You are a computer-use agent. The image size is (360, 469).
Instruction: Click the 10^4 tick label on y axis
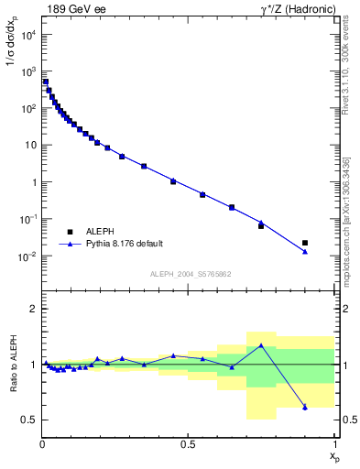(27, 34)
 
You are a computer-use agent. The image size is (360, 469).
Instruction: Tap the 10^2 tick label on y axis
(27, 108)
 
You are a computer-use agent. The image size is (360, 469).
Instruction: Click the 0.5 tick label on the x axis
(188, 443)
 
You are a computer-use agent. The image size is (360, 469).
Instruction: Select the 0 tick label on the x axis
(43, 443)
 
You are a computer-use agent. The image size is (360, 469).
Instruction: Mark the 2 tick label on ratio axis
(31, 309)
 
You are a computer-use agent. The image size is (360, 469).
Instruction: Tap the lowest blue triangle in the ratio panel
(305, 407)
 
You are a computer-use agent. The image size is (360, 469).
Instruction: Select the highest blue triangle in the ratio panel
(261, 345)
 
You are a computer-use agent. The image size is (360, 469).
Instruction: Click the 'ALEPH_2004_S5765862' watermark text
(189, 273)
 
